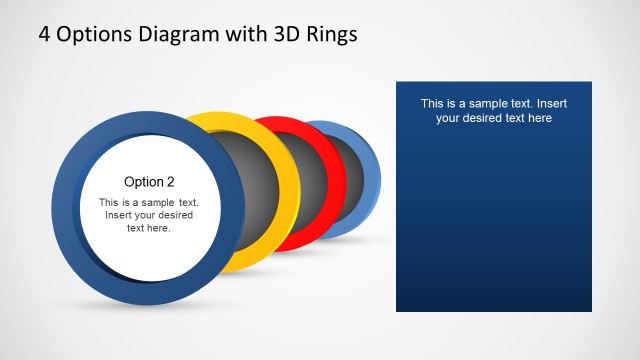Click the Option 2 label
[x=149, y=181]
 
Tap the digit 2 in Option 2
[x=170, y=181]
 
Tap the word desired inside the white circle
[x=174, y=215]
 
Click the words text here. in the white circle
[x=149, y=228]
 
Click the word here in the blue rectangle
[x=538, y=118]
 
